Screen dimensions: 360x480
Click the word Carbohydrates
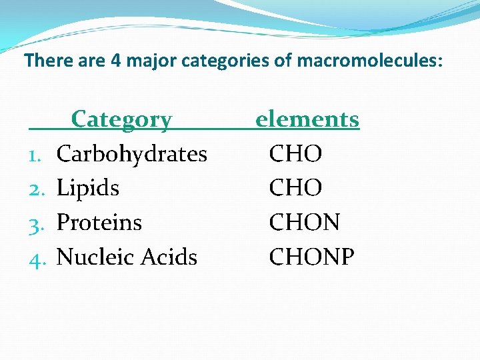tap(132, 154)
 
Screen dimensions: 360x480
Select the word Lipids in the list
tap(88, 188)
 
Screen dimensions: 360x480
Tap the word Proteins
tap(99, 222)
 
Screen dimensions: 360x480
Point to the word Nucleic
tap(91, 257)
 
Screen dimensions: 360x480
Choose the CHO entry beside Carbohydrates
tap(295, 154)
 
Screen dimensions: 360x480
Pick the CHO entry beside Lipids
tap(295, 188)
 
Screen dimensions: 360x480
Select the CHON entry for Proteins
tap(304, 222)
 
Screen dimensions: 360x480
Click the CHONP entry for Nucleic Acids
tap(311, 257)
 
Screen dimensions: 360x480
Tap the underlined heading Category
tap(121, 119)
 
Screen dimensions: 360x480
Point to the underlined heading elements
tap(307, 119)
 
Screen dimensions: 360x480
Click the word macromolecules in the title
tap(369, 61)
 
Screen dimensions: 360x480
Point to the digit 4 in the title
tap(116, 61)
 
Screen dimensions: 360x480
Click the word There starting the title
tap(44, 61)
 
